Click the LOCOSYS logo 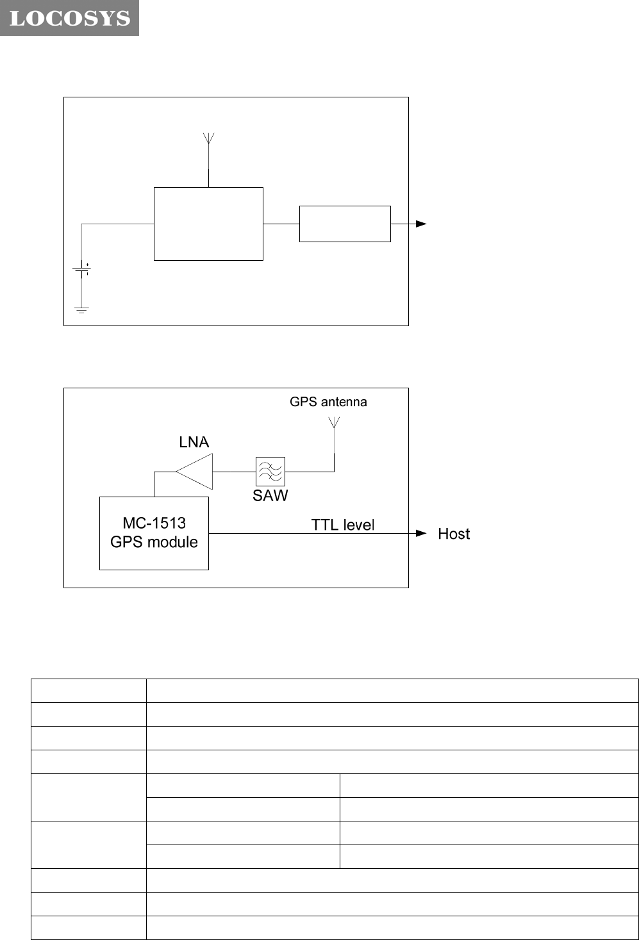pos(69,18)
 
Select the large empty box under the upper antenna pos(208,224)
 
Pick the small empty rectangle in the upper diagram pos(345,224)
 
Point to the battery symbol pos(82,270)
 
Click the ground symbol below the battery pos(81,310)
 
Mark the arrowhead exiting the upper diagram pos(421,224)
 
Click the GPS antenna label pos(328,402)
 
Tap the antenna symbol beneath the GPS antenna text pos(334,423)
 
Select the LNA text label pos(194,442)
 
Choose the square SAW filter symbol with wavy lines pos(270,472)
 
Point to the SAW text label pos(270,495)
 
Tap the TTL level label pos(342,525)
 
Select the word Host pos(454,534)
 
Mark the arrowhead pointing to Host pos(421,533)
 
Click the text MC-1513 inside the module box pos(154,523)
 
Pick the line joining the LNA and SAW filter pos(234,472)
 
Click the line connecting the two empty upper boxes pos(281,224)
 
